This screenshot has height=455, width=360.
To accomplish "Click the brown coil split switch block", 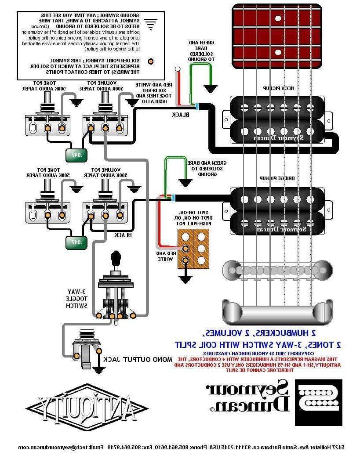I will [x=193, y=249].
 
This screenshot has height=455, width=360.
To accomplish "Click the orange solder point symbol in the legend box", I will [x=151, y=61].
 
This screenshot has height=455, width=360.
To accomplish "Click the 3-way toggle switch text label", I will [x=76, y=298].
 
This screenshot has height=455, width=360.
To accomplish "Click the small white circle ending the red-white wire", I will [x=178, y=69].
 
